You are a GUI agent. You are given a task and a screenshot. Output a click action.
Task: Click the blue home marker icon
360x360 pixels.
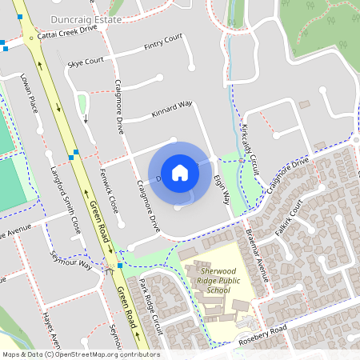tap(180, 172)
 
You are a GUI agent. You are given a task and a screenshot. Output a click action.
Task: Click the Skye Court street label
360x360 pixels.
tap(86, 61)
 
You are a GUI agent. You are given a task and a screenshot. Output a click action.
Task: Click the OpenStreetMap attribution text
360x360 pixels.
tap(80, 354)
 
